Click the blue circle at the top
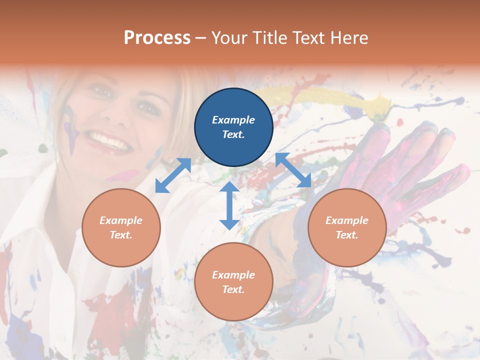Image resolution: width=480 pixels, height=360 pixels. [233, 127]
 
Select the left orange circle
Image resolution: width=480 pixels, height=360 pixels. [121, 227]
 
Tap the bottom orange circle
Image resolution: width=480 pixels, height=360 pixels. [233, 281]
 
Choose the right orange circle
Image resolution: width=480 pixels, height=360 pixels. [347, 227]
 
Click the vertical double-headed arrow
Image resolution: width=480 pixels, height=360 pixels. [229, 205]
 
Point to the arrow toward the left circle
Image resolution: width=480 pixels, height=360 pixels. [173, 175]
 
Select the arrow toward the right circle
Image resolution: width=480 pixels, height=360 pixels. [293, 170]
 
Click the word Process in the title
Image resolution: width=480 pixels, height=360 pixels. [157, 38]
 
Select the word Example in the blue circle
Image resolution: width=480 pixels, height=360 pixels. [233, 120]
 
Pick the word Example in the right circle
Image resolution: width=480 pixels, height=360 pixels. [347, 220]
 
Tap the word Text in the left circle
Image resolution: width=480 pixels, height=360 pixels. [120, 235]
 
